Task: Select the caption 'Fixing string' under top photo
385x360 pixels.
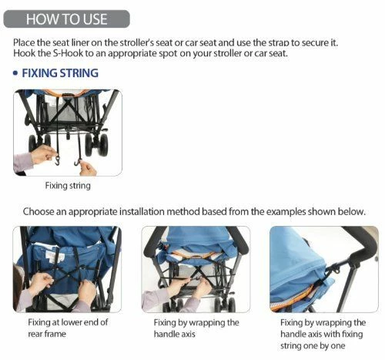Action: pyautogui.click(x=68, y=186)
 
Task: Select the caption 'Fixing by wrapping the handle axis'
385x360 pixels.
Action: pyautogui.click(x=196, y=328)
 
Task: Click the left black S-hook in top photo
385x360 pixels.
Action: pyautogui.click(x=59, y=160)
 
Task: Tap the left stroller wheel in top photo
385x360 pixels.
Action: pyautogui.click(x=33, y=143)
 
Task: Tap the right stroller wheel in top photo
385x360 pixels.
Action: pyautogui.click(x=101, y=144)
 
